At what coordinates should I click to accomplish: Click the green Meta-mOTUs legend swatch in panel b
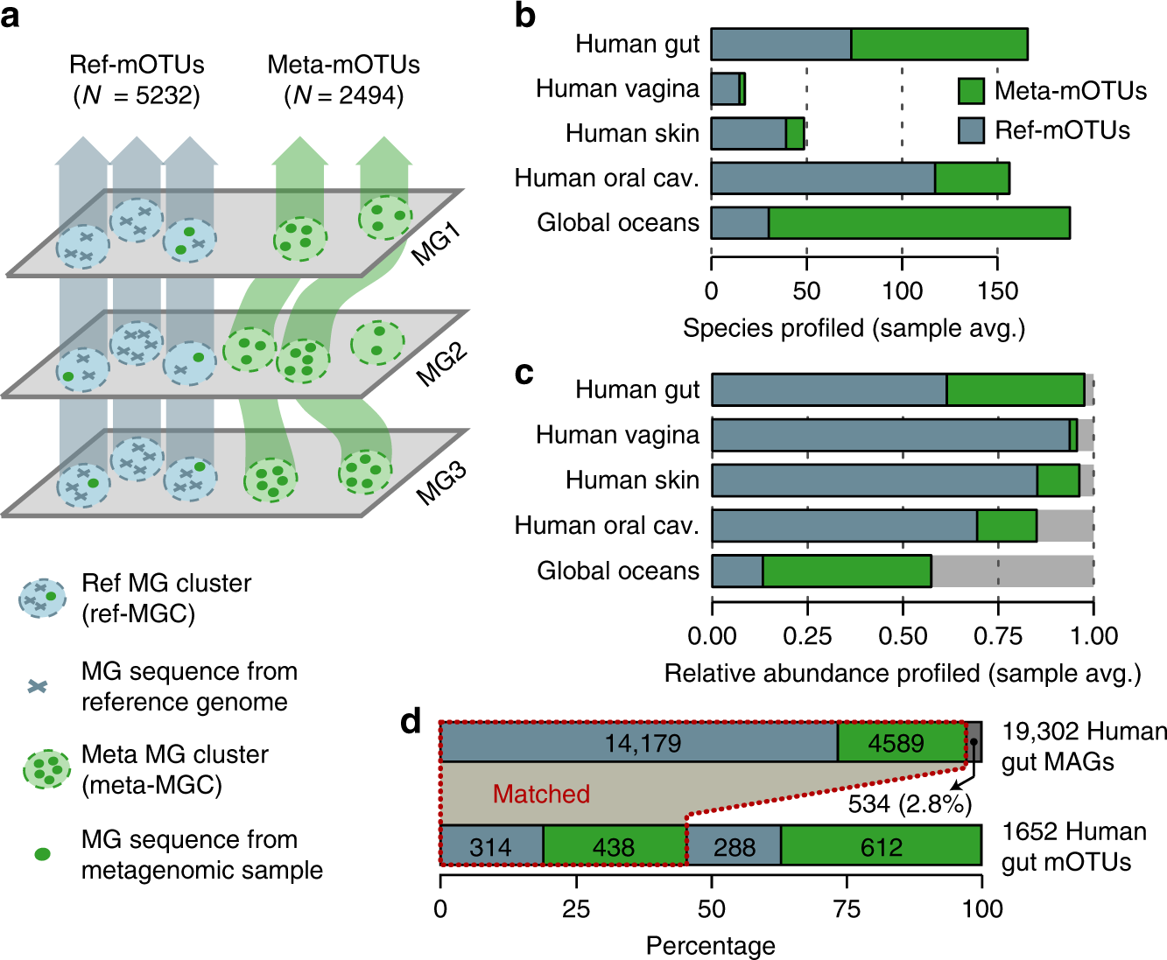[971, 91]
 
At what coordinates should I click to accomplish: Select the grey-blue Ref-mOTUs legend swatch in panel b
[971, 130]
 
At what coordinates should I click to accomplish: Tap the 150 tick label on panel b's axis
[998, 291]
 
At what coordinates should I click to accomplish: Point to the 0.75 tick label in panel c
[998, 636]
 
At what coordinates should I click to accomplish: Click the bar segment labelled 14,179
[639, 742]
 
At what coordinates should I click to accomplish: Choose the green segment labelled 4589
[902, 742]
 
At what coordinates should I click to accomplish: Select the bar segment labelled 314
[491, 845]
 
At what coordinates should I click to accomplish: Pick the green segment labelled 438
[615, 845]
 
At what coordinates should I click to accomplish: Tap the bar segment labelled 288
[734, 845]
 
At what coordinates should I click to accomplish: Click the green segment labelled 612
[882, 845]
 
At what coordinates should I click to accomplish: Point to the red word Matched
[541, 794]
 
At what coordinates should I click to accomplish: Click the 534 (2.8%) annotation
[910, 804]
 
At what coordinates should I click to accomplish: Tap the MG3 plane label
[442, 484]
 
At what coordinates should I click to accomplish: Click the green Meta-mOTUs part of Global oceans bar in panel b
[919, 223]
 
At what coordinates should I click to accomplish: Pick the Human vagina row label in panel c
[617, 435]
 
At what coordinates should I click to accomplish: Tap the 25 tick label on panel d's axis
[576, 909]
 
